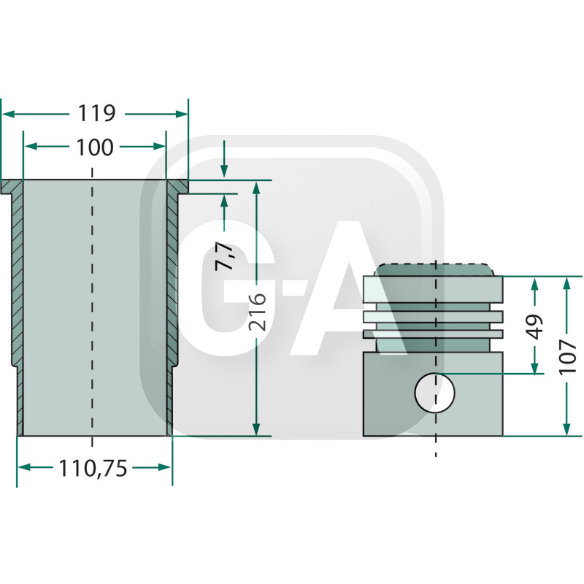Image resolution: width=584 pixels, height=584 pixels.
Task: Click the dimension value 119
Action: tap(96, 113)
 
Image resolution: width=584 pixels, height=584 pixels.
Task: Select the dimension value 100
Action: tap(95, 147)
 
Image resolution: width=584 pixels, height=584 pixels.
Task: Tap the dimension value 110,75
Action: tap(93, 468)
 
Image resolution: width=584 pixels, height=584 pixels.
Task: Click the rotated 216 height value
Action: tap(258, 312)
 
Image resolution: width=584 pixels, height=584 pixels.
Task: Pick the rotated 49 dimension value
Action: tap(535, 327)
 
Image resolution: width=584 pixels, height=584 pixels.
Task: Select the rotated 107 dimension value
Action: tap(568, 357)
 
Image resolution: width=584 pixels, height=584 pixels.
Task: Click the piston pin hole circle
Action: tap(434, 393)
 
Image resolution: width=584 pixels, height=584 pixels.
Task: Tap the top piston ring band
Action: tap(433, 289)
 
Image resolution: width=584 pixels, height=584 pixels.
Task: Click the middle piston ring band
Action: tap(433, 317)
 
